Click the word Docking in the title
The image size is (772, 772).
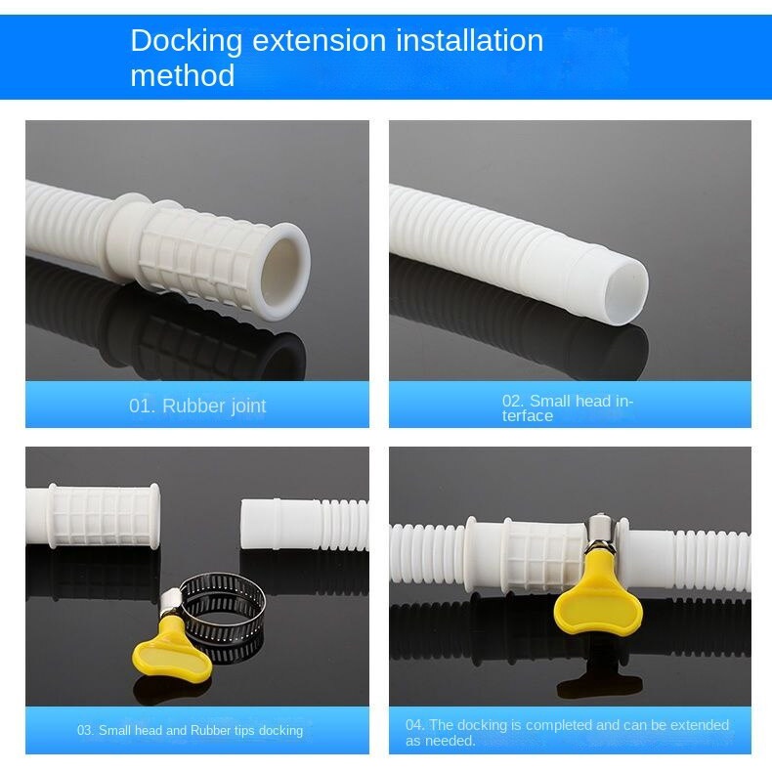point(186,42)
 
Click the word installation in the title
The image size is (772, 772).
point(470,40)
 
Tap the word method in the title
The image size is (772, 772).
point(182,75)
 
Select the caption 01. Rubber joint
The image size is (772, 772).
point(197,406)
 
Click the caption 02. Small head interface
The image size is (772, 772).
point(567,408)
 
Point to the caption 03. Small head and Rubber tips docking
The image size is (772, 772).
point(190,730)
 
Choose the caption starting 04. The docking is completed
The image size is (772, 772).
point(567,733)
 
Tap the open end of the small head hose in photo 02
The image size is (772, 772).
point(625,291)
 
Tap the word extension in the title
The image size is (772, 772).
point(319,40)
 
